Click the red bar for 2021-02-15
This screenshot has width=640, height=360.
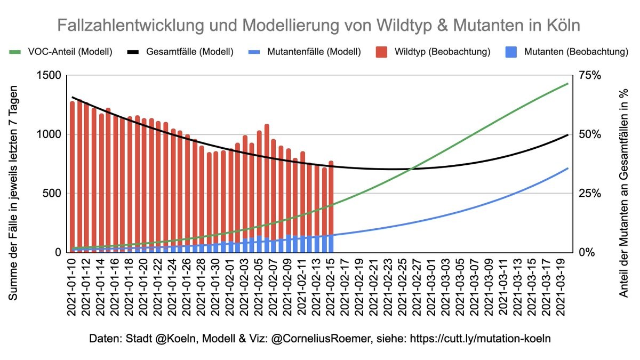[x=331, y=197]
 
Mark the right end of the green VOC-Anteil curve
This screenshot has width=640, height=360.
[x=568, y=84]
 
